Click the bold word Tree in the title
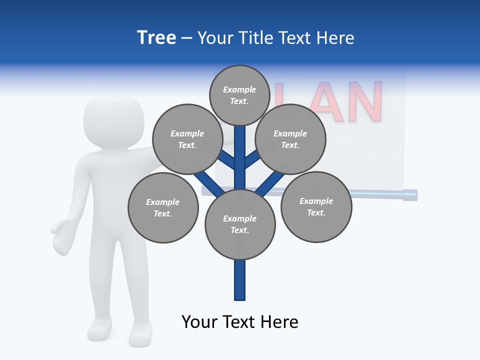pyautogui.click(x=156, y=37)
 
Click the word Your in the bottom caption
pyautogui.click(x=200, y=321)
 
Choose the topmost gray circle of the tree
pyautogui.click(x=239, y=95)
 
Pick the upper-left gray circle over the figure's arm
pyautogui.click(x=187, y=139)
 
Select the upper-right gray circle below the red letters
pyautogui.click(x=290, y=139)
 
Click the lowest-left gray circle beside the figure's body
pyautogui.click(x=163, y=207)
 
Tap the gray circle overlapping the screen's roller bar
pyautogui.click(x=316, y=206)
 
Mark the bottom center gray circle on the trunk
pyautogui.click(x=240, y=224)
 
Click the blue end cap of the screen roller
pyautogui.click(x=410, y=194)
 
